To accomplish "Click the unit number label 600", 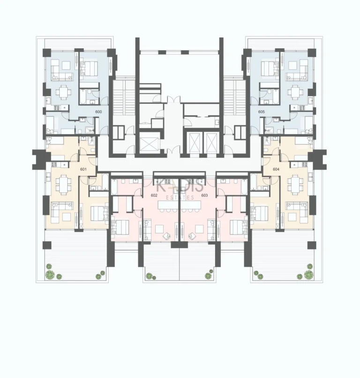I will (x=98, y=112).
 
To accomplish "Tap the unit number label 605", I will (x=261, y=112).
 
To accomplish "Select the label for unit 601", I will (x=84, y=169).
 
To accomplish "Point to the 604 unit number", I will (x=276, y=169).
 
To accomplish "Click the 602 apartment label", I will (x=154, y=195).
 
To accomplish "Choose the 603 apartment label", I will (x=204, y=195).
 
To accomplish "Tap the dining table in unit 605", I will (x=296, y=92).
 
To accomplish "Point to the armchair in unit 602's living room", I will (x=165, y=236).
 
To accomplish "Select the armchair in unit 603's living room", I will (x=193, y=236).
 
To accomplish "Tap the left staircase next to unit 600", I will (x=121, y=98).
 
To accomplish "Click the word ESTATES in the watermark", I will (x=180, y=198).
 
